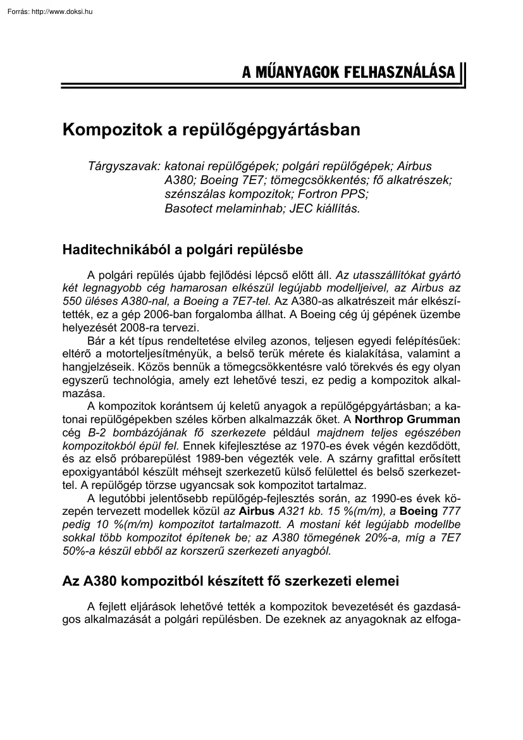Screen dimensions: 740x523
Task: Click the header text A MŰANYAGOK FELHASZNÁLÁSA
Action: (348, 73)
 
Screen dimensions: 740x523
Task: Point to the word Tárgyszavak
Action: (124, 166)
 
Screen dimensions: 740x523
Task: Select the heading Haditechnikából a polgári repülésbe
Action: (183, 250)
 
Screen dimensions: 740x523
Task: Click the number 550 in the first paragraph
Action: (73, 302)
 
